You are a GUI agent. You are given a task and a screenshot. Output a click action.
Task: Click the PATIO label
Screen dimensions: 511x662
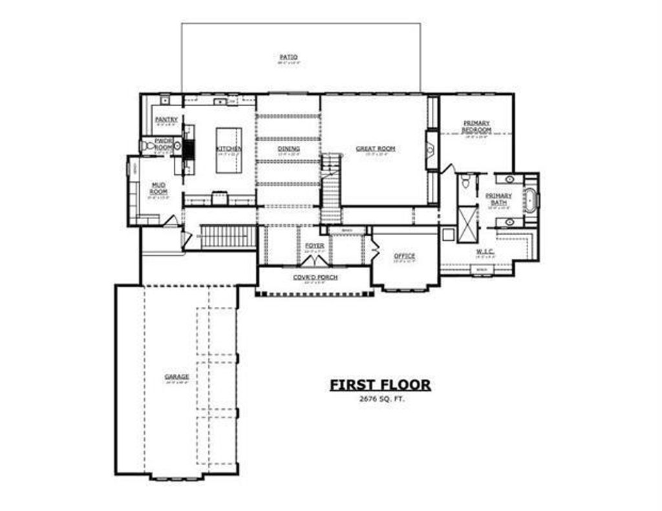(x=288, y=57)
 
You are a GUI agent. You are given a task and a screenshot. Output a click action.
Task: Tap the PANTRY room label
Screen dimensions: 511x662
(x=166, y=120)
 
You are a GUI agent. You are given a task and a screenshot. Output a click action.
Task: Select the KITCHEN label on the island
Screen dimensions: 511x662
(x=229, y=149)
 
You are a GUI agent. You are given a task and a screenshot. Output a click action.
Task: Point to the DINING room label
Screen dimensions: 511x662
(x=288, y=149)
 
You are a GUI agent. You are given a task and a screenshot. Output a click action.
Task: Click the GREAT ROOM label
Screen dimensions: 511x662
(x=375, y=149)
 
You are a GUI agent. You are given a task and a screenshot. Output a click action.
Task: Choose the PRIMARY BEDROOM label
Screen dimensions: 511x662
(x=476, y=126)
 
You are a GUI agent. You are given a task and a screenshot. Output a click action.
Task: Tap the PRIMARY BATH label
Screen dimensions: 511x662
(x=498, y=199)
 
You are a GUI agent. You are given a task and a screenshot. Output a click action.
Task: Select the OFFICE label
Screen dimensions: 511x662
(x=405, y=256)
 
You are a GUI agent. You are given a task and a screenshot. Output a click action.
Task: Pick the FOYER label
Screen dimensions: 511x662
(x=314, y=245)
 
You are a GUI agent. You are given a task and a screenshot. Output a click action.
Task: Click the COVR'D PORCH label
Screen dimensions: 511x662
(x=315, y=277)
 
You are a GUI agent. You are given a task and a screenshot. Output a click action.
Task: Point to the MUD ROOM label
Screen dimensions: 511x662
(x=158, y=188)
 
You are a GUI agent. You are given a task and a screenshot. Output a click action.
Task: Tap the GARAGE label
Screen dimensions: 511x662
(x=176, y=377)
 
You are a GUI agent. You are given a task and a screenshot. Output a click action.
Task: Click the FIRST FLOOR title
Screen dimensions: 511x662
(x=380, y=385)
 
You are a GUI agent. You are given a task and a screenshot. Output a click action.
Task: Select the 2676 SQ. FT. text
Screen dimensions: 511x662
(x=380, y=400)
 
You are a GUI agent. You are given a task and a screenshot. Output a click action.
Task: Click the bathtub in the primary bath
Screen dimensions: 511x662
(x=531, y=200)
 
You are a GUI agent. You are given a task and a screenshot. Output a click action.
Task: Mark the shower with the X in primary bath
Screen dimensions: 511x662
(x=467, y=222)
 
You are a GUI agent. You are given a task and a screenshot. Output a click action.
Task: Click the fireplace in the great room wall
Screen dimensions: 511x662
(x=431, y=149)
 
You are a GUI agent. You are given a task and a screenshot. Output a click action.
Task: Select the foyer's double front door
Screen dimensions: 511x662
(x=315, y=260)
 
